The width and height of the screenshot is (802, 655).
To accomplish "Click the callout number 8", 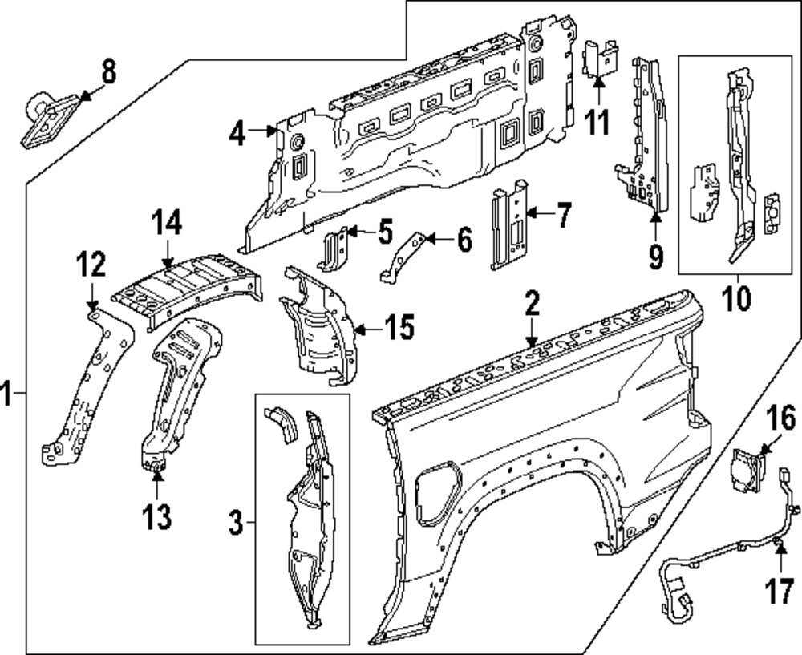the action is (108, 71).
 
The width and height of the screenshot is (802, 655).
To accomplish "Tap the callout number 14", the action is (167, 224).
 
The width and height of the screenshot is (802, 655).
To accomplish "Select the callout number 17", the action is (779, 591).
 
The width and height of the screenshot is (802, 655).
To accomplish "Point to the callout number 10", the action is (737, 298).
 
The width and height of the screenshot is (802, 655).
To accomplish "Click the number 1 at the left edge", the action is (6, 393).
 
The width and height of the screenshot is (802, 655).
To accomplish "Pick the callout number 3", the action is (235, 523).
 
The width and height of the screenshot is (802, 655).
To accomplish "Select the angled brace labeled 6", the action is (403, 257).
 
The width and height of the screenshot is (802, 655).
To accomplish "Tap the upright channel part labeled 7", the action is (509, 224).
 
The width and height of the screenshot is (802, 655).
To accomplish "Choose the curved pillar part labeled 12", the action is (87, 387).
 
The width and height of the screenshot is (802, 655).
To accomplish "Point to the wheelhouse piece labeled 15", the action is (318, 325).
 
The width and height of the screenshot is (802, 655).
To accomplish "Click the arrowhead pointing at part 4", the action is (270, 131).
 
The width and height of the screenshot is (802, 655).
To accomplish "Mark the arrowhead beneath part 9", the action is (656, 216).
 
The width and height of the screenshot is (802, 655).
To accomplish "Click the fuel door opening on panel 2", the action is (438, 492).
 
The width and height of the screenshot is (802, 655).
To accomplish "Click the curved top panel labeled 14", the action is (187, 289).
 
